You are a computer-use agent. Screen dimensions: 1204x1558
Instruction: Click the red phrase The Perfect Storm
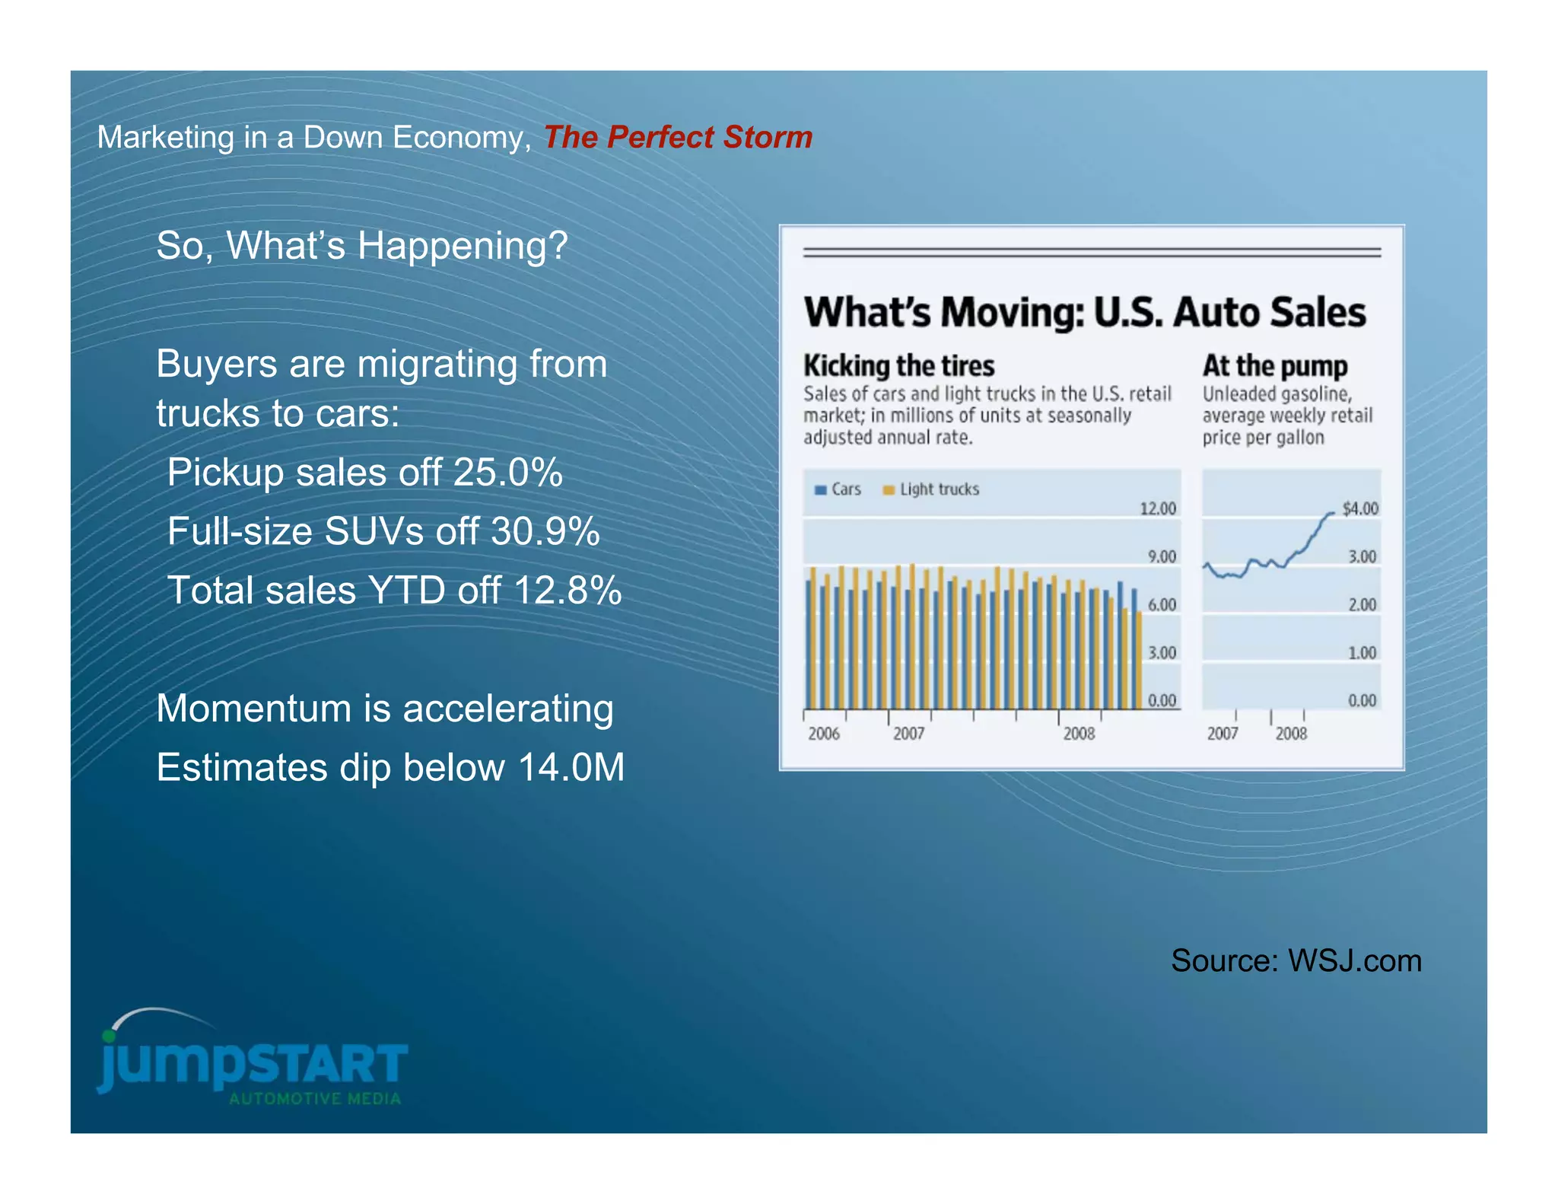click(677, 138)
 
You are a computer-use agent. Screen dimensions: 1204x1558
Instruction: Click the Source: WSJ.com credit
click(1296, 960)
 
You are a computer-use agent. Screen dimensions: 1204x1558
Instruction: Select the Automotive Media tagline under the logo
click(315, 1099)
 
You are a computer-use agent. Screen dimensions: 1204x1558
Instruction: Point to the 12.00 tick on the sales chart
click(1157, 508)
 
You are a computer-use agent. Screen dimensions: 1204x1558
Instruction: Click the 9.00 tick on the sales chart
click(1161, 557)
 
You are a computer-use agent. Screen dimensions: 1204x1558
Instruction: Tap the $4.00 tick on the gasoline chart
click(1359, 508)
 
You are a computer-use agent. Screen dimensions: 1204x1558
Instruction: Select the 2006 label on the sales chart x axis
click(823, 734)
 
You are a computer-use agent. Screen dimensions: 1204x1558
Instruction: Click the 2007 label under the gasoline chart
click(1222, 734)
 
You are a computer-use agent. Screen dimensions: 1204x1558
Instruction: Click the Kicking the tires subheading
click(898, 366)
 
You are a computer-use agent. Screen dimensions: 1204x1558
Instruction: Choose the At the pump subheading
click(1274, 366)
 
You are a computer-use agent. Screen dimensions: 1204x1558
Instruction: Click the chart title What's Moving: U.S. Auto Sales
click(1085, 313)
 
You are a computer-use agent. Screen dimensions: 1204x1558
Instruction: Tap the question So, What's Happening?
click(362, 246)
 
